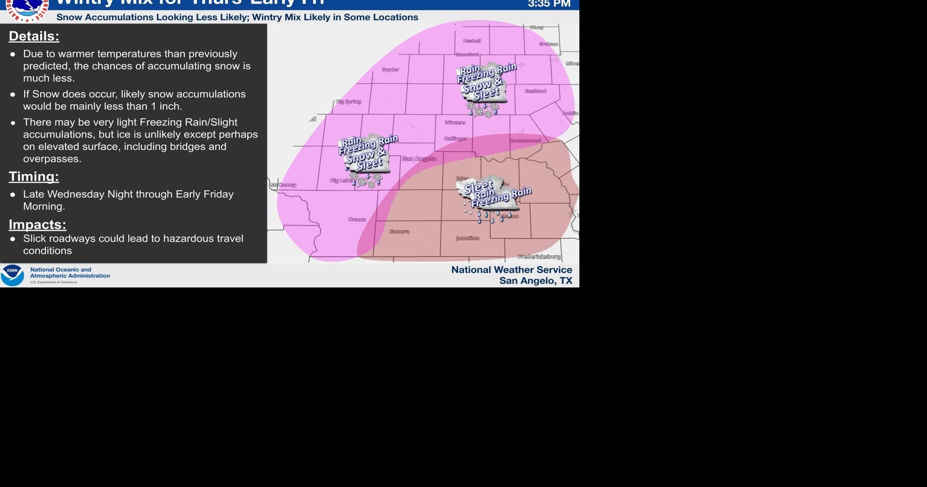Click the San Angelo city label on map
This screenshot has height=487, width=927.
click(x=419, y=159)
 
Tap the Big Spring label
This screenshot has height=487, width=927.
click(x=349, y=102)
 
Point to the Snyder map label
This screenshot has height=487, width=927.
click(x=390, y=70)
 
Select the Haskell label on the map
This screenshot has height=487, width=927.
click(x=472, y=41)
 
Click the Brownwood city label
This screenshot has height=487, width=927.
click(x=525, y=141)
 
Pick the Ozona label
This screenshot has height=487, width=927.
click(x=357, y=220)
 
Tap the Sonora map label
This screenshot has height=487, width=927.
click(x=399, y=232)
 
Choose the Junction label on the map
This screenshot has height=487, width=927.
click(x=468, y=238)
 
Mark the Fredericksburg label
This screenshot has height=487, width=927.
click(x=539, y=257)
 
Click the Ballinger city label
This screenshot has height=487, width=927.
click(x=455, y=139)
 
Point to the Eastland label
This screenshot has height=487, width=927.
click(x=535, y=91)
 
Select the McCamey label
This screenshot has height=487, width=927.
click(x=283, y=185)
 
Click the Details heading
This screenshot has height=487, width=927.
click(x=34, y=36)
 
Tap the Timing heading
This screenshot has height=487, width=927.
click(x=34, y=177)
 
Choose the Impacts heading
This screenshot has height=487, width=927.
click(x=37, y=225)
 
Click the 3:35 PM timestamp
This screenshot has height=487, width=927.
click(x=549, y=4)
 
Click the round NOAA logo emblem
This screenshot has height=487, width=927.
click(x=13, y=275)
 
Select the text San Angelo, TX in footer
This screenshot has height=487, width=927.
click(x=535, y=281)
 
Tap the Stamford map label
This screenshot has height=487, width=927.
click(x=467, y=55)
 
